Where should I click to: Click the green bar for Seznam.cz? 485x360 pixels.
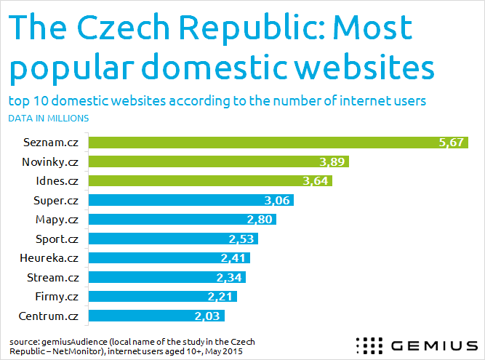click(x=276, y=142)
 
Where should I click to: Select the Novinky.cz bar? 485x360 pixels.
click(x=218, y=161)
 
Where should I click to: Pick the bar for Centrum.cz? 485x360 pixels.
click(x=156, y=315)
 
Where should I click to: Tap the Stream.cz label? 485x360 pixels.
click(x=53, y=276)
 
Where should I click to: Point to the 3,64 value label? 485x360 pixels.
click(x=317, y=181)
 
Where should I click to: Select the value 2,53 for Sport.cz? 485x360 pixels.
click(x=241, y=239)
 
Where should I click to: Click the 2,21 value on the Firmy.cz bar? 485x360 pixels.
click(x=221, y=296)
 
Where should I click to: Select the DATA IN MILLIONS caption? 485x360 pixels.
click(x=49, y=117)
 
